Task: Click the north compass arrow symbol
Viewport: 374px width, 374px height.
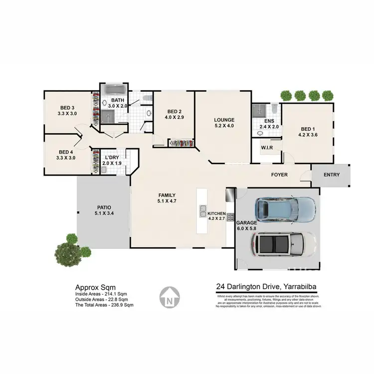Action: [x=169, y=298]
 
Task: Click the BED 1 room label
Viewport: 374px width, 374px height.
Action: [x=307, y=128]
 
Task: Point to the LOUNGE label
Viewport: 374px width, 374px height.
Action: [x=224, y=120]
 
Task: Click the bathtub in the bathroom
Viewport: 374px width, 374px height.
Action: [x=115, y=90]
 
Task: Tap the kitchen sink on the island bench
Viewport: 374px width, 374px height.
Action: [x=203, y=211]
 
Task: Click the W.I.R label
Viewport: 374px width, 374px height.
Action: [x=267, y=148]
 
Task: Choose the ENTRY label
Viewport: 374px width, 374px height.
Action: [x=331, y=175]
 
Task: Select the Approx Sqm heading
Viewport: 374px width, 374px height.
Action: [x=95, y=287]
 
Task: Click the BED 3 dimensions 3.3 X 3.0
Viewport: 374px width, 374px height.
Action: [x=67, y=114]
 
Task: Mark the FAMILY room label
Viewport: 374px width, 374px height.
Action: [x=166, y=195]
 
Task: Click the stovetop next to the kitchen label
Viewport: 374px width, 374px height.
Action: [x=231, y=217]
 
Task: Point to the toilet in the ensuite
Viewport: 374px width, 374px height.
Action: [x=274, y=108]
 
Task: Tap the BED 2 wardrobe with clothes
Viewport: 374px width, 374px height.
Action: [x=180, y=144]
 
